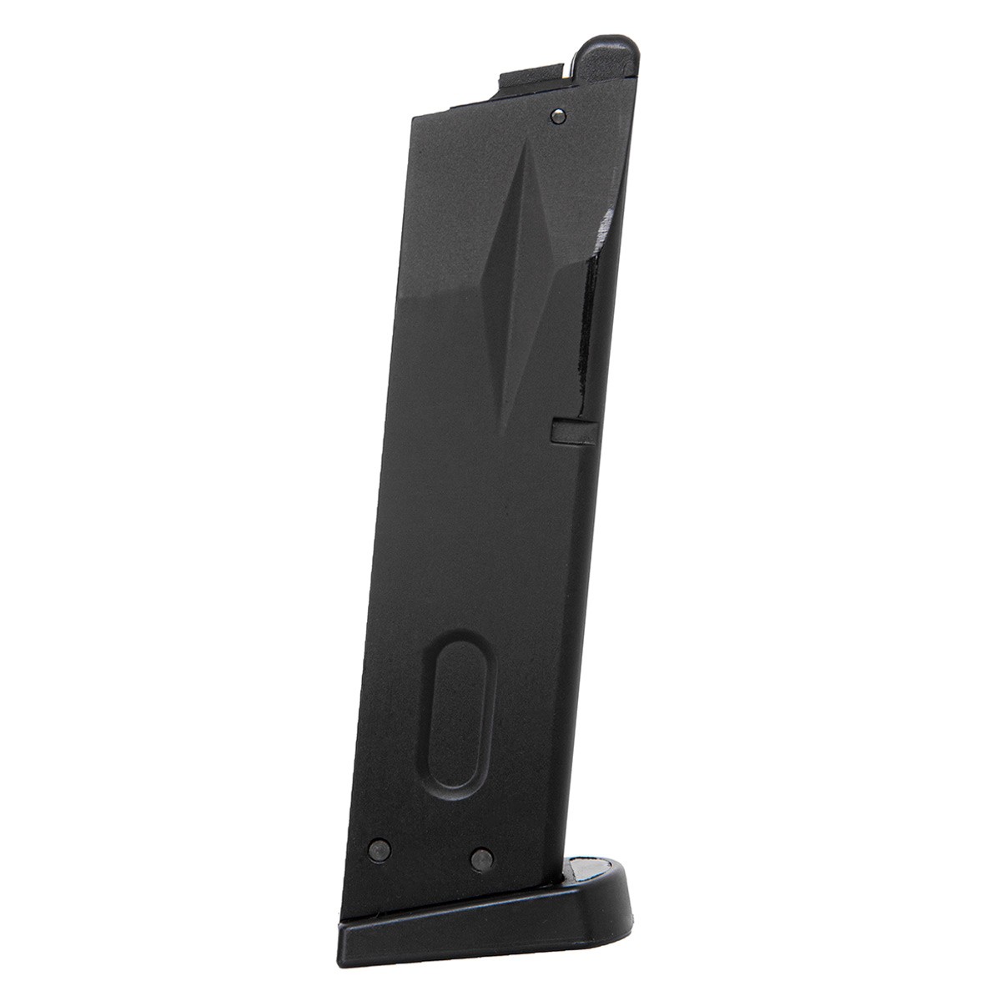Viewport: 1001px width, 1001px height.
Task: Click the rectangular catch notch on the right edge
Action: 573,431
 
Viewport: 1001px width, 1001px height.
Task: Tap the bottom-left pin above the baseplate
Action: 379,848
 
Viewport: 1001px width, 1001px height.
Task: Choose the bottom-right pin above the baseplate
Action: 480,858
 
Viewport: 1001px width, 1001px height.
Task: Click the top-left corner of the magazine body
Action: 415,115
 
